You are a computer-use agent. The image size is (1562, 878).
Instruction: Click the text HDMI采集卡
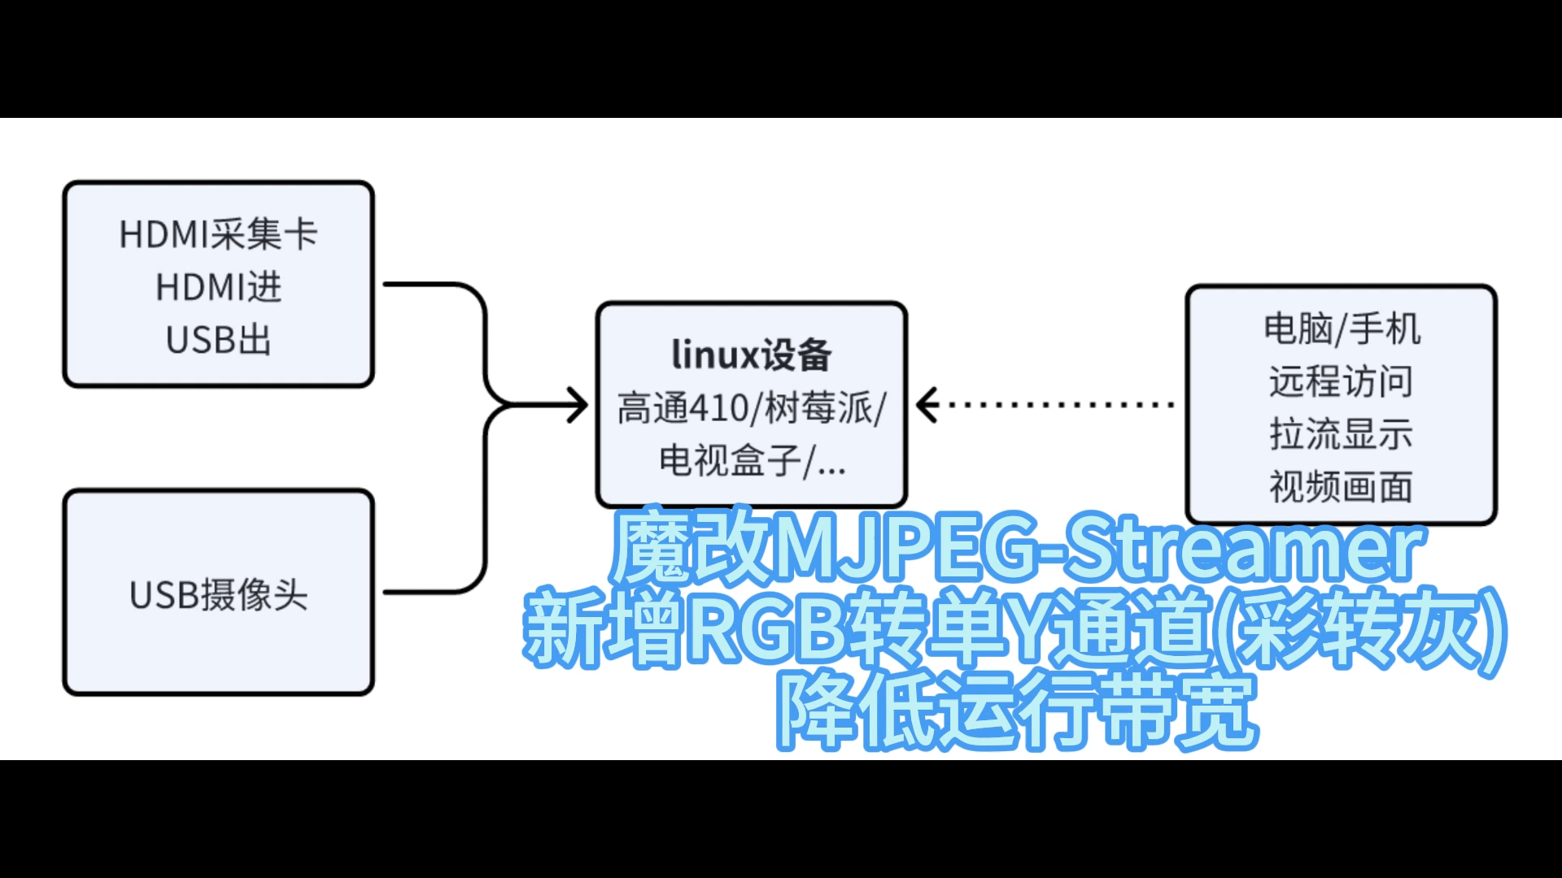[218, 234]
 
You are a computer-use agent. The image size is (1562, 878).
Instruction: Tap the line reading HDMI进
[218, 287]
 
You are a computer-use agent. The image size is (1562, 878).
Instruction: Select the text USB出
[218, 340]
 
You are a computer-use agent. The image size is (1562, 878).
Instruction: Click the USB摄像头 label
[218, 594]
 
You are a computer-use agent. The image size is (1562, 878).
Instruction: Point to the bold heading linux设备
[751, 355]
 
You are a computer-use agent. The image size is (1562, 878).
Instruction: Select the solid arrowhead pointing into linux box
[578, 405]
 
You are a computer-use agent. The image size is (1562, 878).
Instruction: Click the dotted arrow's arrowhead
[927, 405]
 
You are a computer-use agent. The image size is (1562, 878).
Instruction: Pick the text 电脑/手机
[1342, 328]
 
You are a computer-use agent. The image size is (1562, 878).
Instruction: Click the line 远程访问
[1341, 381]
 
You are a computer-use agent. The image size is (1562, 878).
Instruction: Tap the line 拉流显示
[1341, 434]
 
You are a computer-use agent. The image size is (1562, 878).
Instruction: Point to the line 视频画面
[1341, 487]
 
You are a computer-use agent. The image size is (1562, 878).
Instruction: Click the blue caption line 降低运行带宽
[1017, 711]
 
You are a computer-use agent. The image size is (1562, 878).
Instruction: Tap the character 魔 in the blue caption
[649, 546]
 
